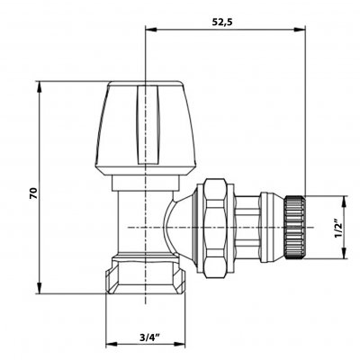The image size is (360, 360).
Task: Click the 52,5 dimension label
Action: pos(222,22)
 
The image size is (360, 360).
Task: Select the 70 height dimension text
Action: pos(33,193)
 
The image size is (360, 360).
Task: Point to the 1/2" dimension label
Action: pos(338,229)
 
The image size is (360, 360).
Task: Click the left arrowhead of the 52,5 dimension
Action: pos(151,30)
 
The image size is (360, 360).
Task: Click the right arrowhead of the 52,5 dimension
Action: pos(300,30)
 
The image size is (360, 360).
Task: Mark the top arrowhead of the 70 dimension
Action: pos(39,87)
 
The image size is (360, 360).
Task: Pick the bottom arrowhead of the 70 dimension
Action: pos(39,287)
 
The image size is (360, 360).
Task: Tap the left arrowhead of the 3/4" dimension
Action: pos(112,343)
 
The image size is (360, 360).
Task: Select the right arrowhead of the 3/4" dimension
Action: pos(180,343)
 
